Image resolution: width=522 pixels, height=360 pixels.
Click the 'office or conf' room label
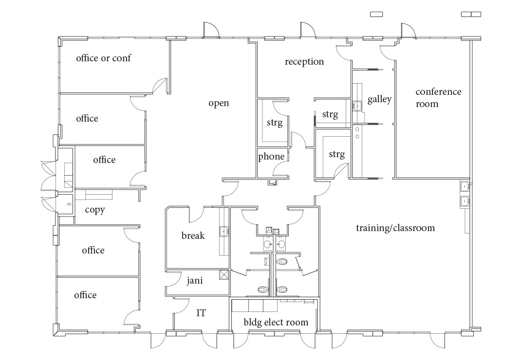coord(103,58)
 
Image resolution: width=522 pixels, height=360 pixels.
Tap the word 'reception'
coord(304,62)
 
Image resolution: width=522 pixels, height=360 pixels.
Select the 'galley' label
coord(379,99)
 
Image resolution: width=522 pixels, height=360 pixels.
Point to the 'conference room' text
coord(438,97)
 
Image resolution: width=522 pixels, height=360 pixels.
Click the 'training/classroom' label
coord(395,228)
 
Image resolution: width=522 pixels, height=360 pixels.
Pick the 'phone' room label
coord(271,157)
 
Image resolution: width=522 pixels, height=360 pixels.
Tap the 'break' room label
coord(193,236)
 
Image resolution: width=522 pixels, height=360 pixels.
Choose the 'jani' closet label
coord(195,281)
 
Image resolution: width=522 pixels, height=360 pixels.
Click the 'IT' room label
coord(201,313)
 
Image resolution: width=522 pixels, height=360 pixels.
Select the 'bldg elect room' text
coord(276,323)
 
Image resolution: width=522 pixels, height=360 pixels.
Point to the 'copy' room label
coord(95,210)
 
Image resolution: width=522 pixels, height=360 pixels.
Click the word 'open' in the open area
coord(219,103)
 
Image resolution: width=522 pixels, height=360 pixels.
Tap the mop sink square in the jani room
coord(224,275)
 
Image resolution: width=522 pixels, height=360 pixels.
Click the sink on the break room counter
coord(224,231)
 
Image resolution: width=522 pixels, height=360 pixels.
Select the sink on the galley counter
coord(358,106)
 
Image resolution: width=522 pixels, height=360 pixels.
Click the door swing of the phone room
coord(280,170)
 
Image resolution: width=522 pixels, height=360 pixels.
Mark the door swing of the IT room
coord(181,306)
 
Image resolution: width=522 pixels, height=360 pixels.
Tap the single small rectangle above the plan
coord(376,14)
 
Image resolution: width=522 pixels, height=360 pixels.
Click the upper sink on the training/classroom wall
coord(465,186)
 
